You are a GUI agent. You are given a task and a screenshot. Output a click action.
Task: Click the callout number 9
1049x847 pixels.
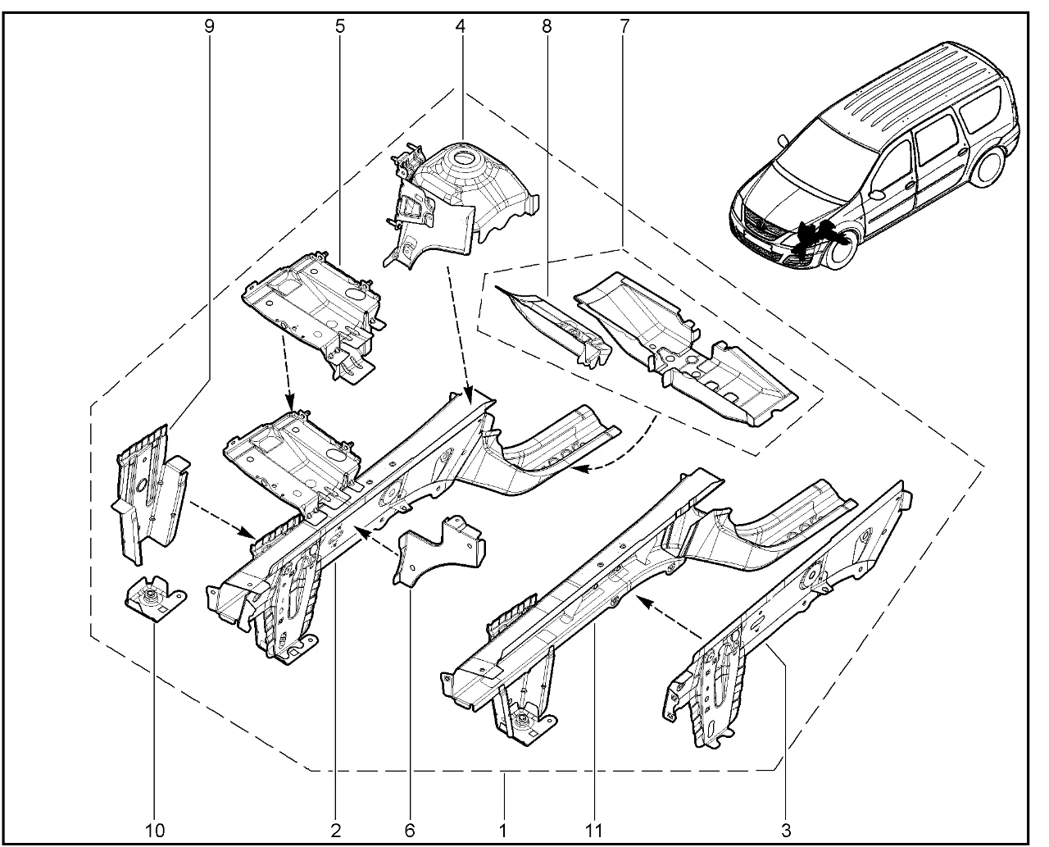click(x=209, y=26)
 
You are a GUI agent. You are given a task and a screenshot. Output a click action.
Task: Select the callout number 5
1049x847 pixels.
click(x=340, y=26)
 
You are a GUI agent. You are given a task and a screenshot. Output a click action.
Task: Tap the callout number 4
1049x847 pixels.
click(x=460, y=26)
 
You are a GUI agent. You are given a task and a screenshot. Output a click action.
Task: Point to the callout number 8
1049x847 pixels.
click(x=546, y=26)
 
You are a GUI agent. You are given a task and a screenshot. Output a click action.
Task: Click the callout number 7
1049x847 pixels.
click(x=624, y=26)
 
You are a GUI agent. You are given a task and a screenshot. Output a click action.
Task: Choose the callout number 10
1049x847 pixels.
click(x=155, y=831)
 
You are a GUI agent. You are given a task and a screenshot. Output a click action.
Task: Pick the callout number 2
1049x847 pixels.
click(x=335, y=831)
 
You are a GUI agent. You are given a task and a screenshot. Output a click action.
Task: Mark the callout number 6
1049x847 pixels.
click(x=410, y=831)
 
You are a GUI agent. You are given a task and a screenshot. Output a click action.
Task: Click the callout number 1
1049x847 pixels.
click(x=503, y=831)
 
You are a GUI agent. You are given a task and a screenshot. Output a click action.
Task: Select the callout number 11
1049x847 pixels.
click(x=594, y=831)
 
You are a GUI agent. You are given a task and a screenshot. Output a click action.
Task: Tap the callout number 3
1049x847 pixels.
click(x=786, y=831)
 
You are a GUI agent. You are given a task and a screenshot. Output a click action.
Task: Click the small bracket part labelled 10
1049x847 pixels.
click(x=155, y=599)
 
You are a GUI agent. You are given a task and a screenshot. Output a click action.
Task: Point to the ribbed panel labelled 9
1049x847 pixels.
click(x=150, y=493)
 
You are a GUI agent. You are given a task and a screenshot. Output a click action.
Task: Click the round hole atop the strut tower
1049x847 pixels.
click(x=463, y=158)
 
